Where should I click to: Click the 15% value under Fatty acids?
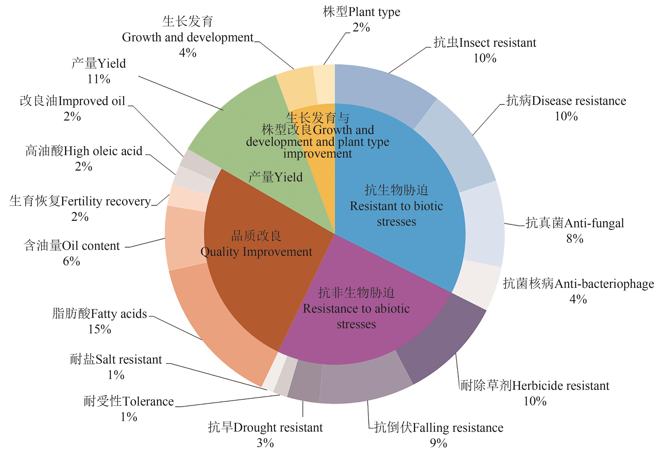pyautogui.click(x=99, y=329)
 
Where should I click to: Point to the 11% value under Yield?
pyautogui.click(x=99, y=79)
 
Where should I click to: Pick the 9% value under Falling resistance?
pyautogui.click(x=439, y=443)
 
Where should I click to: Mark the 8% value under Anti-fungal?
pyautogui.click(x=575, y=239)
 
